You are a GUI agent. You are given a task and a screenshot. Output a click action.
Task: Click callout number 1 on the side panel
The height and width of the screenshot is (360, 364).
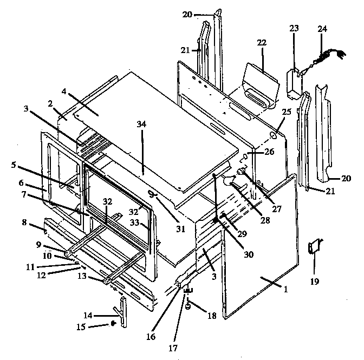(x=285, y=289)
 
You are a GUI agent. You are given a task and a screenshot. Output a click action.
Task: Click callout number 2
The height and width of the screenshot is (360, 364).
(x=49, y=103)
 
